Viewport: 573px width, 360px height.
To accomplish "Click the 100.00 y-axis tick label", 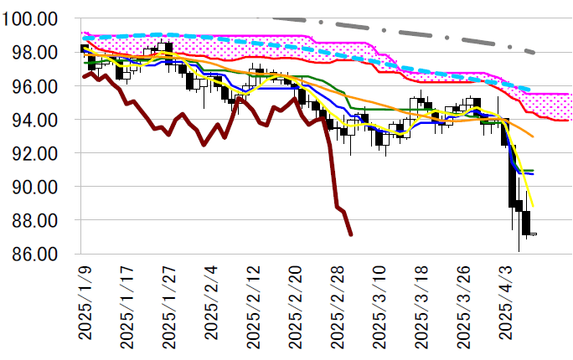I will pyautogui.click(x=30, y=19).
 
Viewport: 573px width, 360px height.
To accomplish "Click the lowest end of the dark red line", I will pyautogui.click(x=350, y=234).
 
